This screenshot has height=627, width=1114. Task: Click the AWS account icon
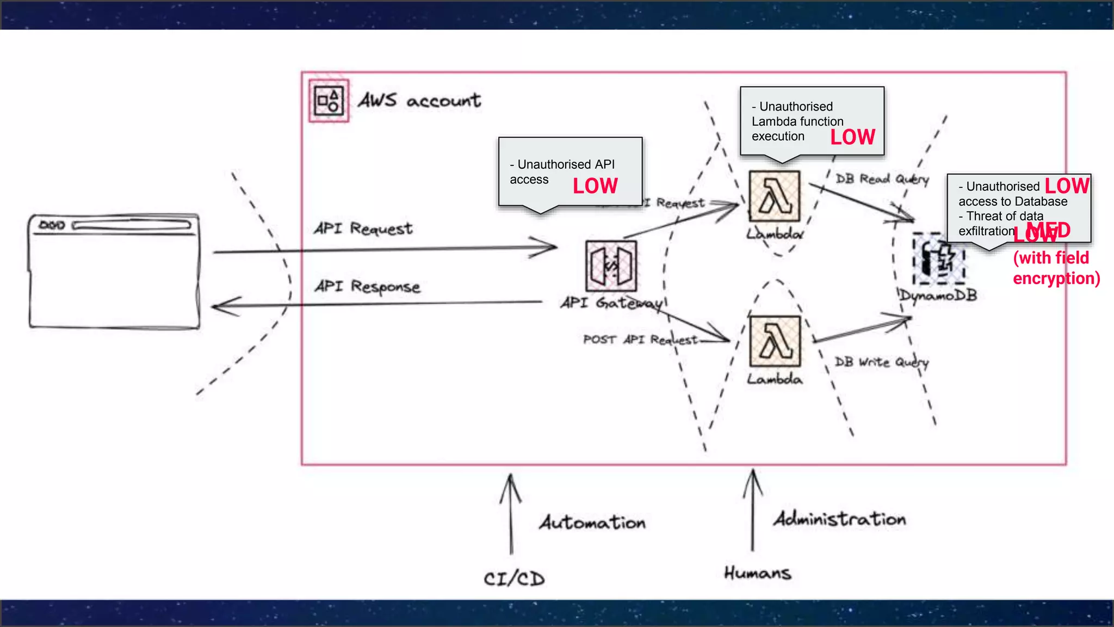coord(329,101)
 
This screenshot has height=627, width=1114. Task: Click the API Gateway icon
coord(611,266)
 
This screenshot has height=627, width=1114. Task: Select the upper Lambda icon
coord(775,196)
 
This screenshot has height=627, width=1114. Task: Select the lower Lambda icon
coord(775,341)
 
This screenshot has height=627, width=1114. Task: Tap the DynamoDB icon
coord(939,259)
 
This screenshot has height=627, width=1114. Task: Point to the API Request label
coord(363,229)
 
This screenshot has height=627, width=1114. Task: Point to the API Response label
coord(367,286)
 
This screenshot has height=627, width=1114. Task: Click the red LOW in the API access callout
coord(595,186)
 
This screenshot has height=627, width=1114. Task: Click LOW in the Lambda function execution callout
coord(852,137)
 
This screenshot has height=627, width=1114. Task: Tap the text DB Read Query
coord(882,179)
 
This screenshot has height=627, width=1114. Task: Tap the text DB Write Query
coord(881,362)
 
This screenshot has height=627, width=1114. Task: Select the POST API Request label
coord(640,340)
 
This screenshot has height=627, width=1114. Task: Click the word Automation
coord(592,522)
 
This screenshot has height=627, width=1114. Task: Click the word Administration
coord(839,519)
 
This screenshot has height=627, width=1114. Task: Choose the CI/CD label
coord(514,579)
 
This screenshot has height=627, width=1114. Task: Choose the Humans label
coord(757,573)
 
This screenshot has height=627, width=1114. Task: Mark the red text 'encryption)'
coord(1056,279)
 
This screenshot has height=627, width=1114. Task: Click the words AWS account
coord(419,101)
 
